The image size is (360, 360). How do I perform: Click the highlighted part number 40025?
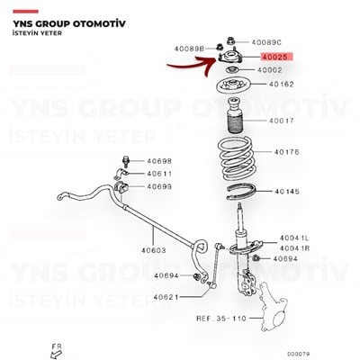[275, 57]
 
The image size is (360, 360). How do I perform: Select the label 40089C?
[266, 42]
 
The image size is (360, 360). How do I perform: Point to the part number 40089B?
[189, 49]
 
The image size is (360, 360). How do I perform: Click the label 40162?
[282, 85]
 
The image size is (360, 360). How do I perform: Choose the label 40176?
[286, 152]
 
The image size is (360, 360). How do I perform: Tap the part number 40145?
[287, 192]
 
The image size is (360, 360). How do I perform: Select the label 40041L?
[294, 238]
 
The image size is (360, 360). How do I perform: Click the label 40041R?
[294, 248]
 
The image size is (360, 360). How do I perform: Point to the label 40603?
[153, 250]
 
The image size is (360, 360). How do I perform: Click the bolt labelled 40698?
[125, 162]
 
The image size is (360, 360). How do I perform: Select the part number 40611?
[159, 174]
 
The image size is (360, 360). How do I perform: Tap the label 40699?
[159, 186]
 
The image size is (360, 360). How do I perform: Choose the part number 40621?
[166, 297]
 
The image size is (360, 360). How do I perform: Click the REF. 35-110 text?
[221, 319]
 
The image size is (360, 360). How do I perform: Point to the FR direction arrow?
[56, 355]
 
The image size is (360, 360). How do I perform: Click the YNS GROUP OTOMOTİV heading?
[69, 24]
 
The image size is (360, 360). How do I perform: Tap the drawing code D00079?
[298, 355]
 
